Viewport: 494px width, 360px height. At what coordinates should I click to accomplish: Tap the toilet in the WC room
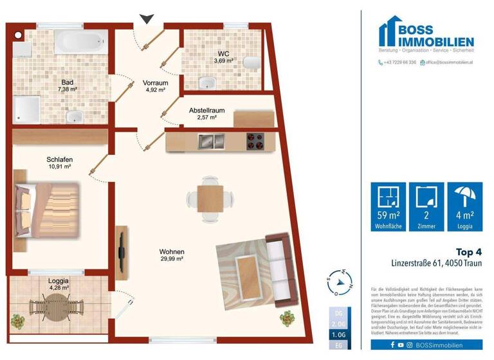point(254,61)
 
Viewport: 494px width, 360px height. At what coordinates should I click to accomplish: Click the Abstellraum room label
point(207,110)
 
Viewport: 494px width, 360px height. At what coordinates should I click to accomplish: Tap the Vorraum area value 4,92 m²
point(156,91)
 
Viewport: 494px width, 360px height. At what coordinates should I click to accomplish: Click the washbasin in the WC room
point(208,82)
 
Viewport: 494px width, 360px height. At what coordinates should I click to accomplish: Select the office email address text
point(448,62)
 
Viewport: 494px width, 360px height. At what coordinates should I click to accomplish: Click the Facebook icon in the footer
point(393,345)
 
